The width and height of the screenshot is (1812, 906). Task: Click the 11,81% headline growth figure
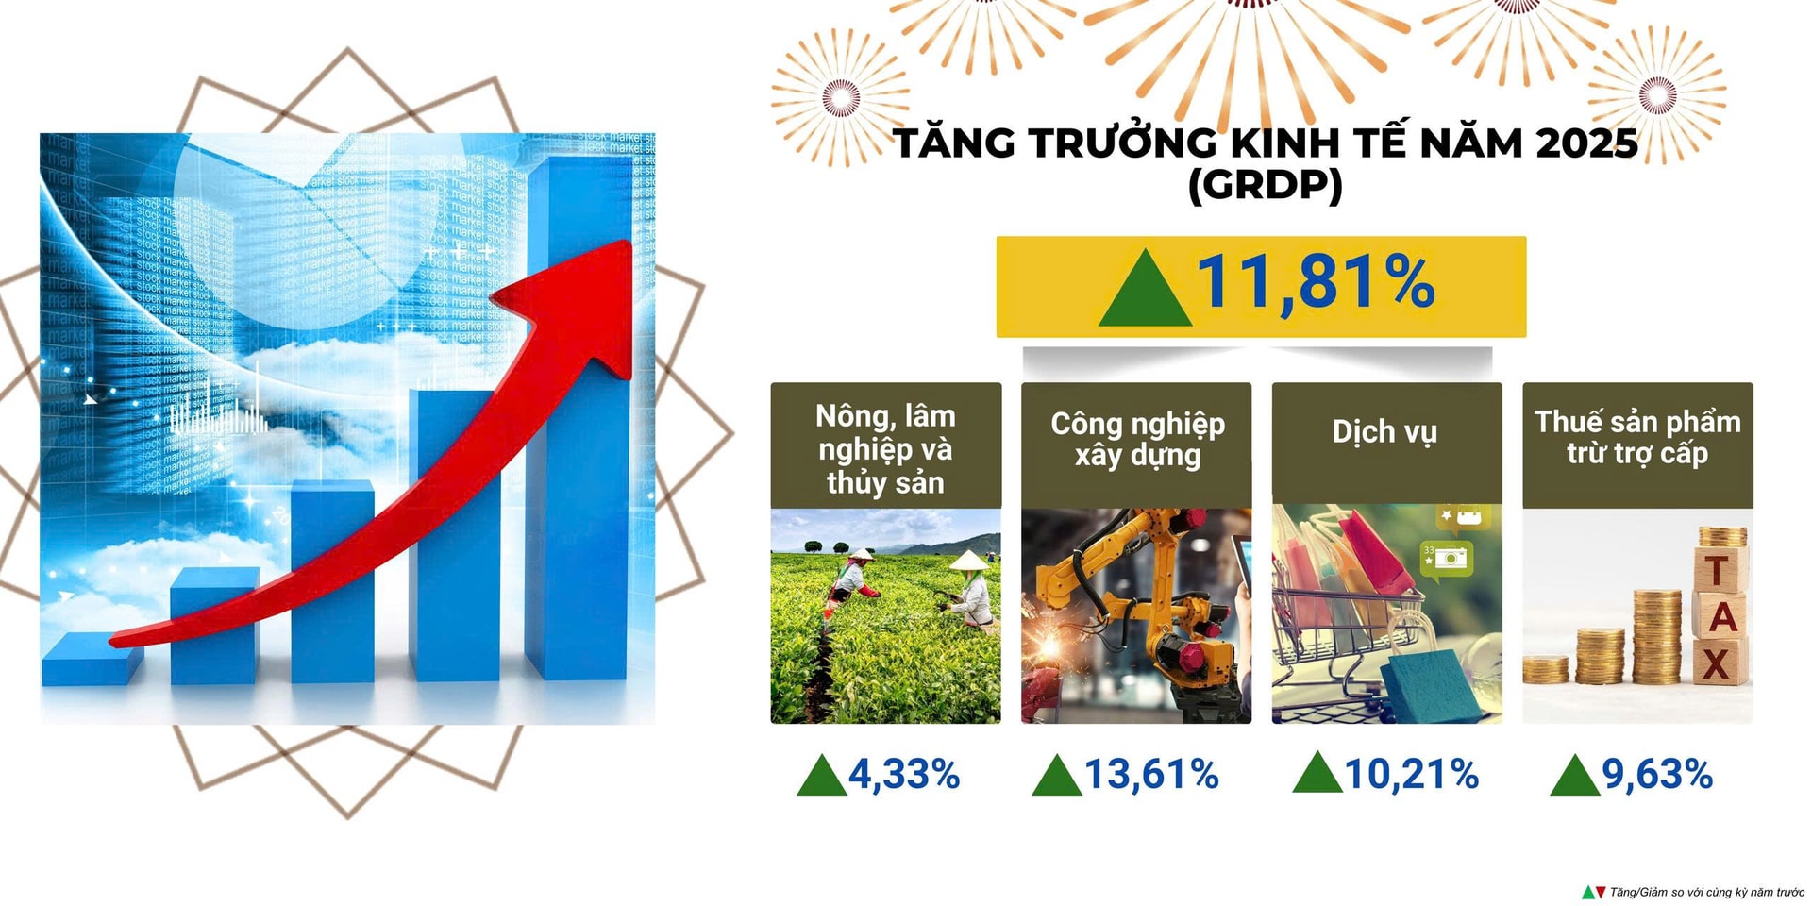(x=1316, y=281)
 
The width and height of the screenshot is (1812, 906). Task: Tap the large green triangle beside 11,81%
(x=1145, y=288)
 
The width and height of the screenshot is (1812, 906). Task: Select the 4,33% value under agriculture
(x=903, y=774)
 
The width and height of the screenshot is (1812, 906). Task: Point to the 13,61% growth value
(x=1151, y=774)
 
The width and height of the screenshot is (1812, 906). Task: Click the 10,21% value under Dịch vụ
(x=1411, y=774)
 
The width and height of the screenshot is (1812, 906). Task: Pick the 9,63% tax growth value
(x=1657, y=774)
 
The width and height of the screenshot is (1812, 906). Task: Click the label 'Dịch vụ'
(x=1384, y=432)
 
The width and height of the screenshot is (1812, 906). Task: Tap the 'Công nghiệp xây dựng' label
(x=1138, y=439)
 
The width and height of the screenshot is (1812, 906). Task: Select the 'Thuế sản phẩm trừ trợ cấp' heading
(x=1637, y=437)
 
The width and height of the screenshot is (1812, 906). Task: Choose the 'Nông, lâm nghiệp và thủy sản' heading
(x=885, y=449)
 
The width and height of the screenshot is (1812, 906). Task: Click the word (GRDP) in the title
(x=1266, y=185)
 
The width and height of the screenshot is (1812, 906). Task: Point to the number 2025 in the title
(x=1586, y=143)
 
